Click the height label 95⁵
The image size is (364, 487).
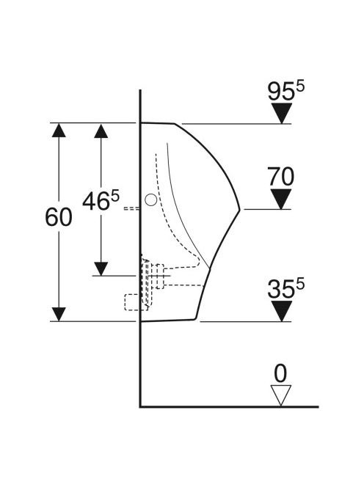coord(286,91)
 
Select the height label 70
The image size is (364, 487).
coord(280,177)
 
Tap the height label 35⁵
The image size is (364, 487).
coord(286,288)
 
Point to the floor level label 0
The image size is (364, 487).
coord(280,373)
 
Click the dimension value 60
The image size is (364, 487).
coord(59,217)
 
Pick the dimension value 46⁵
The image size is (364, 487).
coord(101,201)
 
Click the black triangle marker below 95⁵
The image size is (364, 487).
coord(282,114)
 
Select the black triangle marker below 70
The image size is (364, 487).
coord(281,199)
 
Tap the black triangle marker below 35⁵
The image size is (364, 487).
coord(282,311)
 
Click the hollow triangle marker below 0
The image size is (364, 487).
coord(280,395)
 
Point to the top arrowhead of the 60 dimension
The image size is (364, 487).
coord(59,130)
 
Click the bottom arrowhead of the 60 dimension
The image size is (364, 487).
coord(59,315)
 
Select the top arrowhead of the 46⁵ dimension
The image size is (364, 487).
coord(101,131)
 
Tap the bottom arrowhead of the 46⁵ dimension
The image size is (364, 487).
coord(101,268)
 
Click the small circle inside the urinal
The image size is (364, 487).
coord(151,199)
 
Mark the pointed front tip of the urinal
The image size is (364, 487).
coord(240,209)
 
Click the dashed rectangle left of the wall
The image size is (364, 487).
coord(136,302)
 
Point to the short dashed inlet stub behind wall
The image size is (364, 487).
coord(132,208)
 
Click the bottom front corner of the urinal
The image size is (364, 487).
coord(196,318)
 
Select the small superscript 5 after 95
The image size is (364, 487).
coord(300,86)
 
